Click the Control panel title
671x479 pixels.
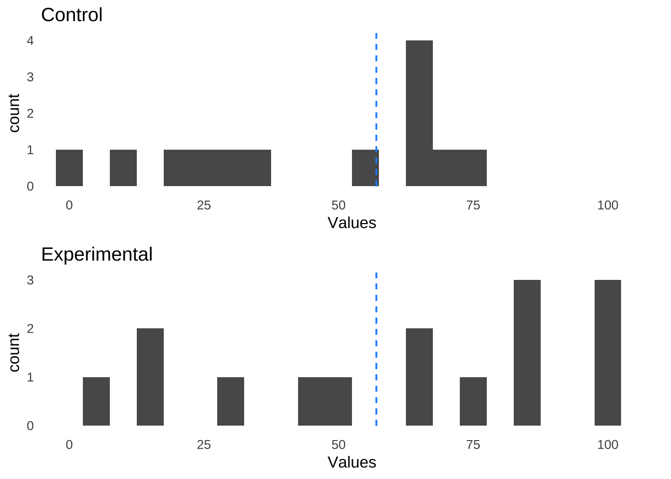click(x=71, y=15)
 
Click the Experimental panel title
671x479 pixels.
click(x=96, y=254)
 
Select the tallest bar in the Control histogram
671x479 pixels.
click(x=419, y=113)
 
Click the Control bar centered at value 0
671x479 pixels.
click(x=69, y=168)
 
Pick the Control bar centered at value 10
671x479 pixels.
click(x=123, y=168)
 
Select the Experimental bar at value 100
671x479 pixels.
click(x=608, y=353)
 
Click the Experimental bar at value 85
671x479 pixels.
click(x=527, y=353)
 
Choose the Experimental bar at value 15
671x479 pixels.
click(x=150, y=377)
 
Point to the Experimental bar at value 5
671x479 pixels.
click(x=96, y=401)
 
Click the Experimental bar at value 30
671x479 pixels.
click(x=231, y=401)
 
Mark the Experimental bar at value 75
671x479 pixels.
click(x=473, y=401)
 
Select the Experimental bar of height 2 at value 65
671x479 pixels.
click(x=419, y=377)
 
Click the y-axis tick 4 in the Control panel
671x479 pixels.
click(x=30, y=41)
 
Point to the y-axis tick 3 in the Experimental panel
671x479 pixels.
click(x=30, y=280)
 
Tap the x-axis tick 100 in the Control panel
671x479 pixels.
click(x=607, y=205)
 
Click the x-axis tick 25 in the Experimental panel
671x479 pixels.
click(x=204, y=445)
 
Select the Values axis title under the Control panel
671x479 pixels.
click(x=351, y=223)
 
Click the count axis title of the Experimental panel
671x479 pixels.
click(x=14, y=353)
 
